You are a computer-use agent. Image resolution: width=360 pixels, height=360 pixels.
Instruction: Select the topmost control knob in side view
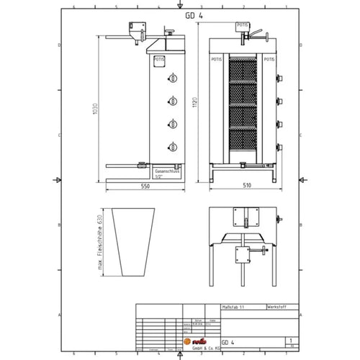point(172,80)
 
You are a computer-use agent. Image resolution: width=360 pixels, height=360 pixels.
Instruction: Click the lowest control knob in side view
point(172,148)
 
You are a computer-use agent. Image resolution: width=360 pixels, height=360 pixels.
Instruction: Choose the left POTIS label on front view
point(217,60)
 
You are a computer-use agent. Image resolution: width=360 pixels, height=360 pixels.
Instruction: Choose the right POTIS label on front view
point(269,60)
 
